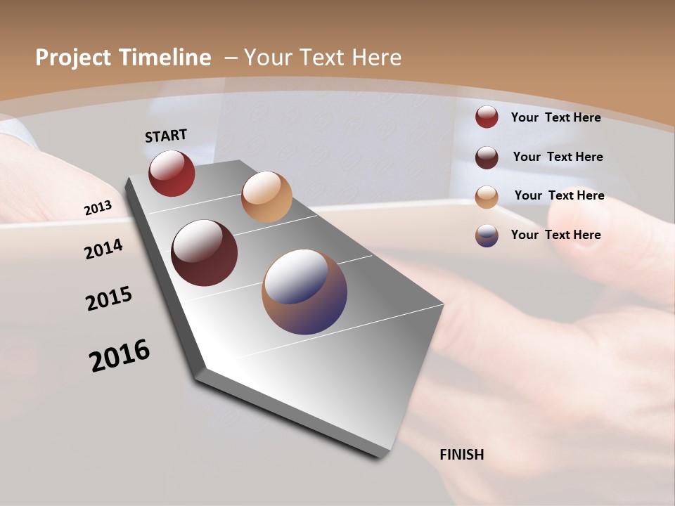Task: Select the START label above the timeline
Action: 166,136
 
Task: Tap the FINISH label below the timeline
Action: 462,455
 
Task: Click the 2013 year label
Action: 98,208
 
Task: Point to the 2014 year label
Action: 104,249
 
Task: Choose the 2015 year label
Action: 109,299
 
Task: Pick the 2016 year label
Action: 120,356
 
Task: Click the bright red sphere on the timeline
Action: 172,173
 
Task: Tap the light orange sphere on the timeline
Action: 266,197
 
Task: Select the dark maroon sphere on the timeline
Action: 205,253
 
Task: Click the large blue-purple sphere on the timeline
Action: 304,292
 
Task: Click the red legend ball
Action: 487,117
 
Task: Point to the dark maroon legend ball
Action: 487,157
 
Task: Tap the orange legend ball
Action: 487,197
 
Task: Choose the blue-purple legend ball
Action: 487,235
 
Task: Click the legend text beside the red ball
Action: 555,117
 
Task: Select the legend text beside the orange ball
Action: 559,195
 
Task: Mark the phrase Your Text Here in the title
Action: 323,58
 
